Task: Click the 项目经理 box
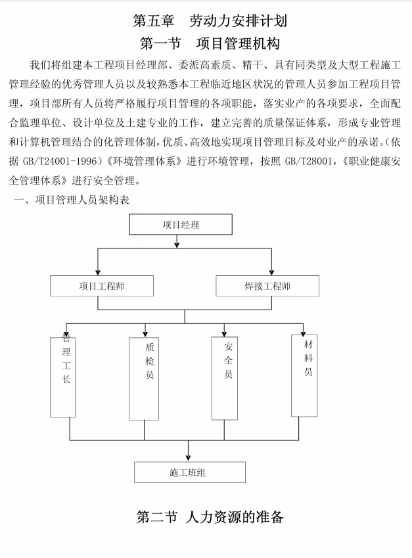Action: coord(181,225)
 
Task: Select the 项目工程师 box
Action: coord(102,286)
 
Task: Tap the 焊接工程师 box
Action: coord(267,286)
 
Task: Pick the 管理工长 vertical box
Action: coord(62,377)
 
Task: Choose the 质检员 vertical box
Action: coord(145,378)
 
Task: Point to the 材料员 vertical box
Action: coord(304,375)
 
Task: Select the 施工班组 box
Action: coord(189,473)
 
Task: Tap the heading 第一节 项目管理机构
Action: coord(210,44)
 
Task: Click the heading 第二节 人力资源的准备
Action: coord(210,517)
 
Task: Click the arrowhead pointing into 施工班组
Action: coord(189,458)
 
